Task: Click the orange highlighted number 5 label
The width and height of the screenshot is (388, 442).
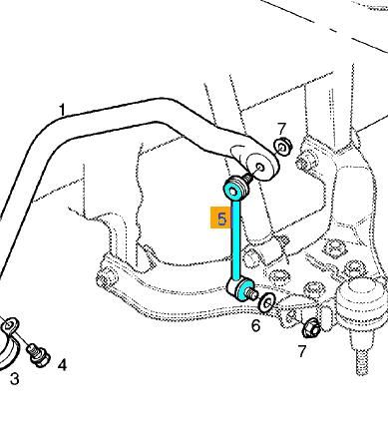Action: pyautogui.click(x=221, y=218)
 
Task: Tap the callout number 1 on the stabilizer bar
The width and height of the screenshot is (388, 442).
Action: pyautogui.click(x=62, y=110)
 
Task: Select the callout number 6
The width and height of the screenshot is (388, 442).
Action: pyautogui.click(x=255, y=325)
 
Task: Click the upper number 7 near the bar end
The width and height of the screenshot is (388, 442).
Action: pyautogui.click(x=281, y=129)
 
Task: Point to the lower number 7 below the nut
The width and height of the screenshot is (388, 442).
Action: pyautogui.click(x=301, y=351)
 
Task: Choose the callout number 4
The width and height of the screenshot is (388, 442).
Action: pyautogui.click(x=62, y=365)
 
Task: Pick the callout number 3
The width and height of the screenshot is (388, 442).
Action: pyautogui.click(x=14, y=379)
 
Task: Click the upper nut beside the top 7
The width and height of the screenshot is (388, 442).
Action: pyautogui.click(x=282, y=146)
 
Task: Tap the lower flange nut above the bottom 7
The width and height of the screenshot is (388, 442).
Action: pyautogui.click(x=311, y=327)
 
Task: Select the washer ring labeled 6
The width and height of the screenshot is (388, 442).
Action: pyautogui.click(x=266, y=302)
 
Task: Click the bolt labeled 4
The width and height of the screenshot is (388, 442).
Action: pyautogui.click(x=37, y=354)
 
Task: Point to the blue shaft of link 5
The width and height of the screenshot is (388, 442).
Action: pyautogui.click(x=235, y=238)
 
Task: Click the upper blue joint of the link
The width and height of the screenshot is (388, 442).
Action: pyautogui.click(x=235, y=190)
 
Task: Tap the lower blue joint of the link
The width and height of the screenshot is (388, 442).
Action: pyautogui.click(x=240, y=287)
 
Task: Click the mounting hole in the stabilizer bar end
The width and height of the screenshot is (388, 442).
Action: pyautogui.click(x=260, y=167)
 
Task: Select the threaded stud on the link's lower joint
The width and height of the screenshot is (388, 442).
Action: pyautogui.click(x=251, y=293)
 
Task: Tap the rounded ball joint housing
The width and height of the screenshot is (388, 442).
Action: pyautogui.click(x=362, y=304)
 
